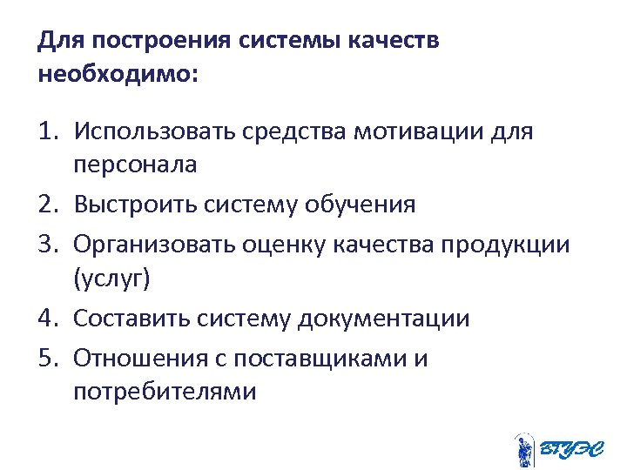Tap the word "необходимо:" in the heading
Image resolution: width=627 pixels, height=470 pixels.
coord(118,75)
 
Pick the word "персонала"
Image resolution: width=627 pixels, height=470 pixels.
coord(135,164)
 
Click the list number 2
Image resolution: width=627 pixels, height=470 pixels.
coord(47,205)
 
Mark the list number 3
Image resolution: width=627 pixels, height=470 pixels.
coord(47,245)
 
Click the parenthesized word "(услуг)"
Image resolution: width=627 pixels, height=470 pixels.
coord(112,279)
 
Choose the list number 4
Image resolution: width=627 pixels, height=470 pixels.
coord(47,319)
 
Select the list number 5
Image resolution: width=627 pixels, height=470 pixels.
coord(47,358)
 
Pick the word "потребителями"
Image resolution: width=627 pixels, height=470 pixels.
coord(165,392)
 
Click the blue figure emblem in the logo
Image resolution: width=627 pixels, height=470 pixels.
coord(523,448)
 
